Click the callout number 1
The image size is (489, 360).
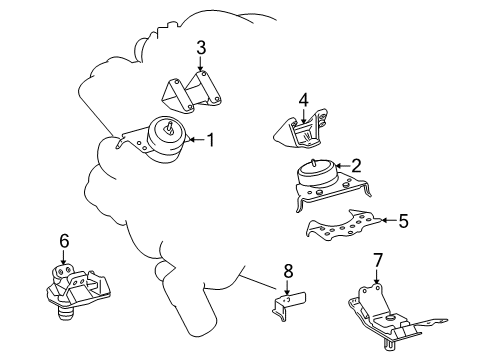click(x=211, y=141)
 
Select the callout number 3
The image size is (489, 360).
click(x=201, y=47)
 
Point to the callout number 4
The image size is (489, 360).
click(x=303, y=99)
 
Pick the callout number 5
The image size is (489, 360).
click(x=404, y=221)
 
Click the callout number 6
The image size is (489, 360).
click(x=64, y=241)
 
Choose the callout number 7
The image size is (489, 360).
click(x=378, y=261)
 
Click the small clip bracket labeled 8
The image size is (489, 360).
click(x=288, y=304)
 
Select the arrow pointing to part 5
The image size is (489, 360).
click(x=385, y=221)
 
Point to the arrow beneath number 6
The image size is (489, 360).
click(x=64, y=258)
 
